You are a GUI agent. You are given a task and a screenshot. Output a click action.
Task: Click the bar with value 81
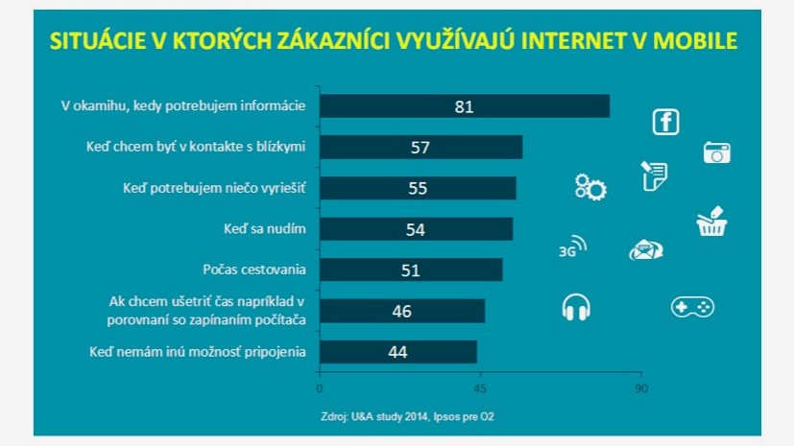coord(464,106)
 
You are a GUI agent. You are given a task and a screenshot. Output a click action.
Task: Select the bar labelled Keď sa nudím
coord(416,229)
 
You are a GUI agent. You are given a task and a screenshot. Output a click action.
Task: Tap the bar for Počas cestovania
coord(410,270)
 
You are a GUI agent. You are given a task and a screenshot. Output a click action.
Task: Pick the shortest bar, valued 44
coord(397,352)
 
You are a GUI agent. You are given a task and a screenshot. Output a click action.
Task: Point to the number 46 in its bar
coord(402,312)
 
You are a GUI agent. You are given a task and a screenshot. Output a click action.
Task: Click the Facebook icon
coord(665,123)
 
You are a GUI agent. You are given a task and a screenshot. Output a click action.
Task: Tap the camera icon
coord(716,153)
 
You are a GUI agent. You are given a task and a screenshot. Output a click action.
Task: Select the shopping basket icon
coord(711,223)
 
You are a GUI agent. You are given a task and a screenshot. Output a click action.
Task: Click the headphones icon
coord(576,307)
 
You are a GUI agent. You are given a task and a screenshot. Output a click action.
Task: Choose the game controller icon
coord(691,307)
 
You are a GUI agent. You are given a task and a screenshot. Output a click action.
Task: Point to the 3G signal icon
coord(572,248)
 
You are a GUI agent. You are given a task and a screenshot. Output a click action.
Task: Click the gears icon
coord(589,187)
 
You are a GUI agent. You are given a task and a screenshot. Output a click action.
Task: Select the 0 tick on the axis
coord(319,388)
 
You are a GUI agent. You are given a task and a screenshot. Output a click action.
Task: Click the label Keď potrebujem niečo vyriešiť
coord(214,188)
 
